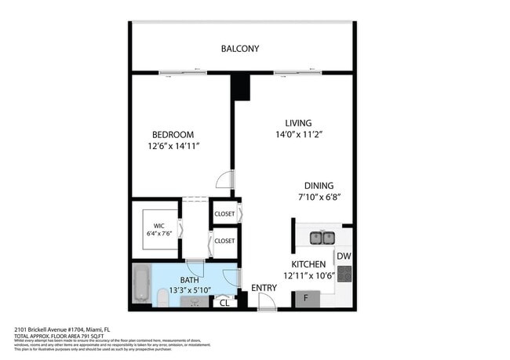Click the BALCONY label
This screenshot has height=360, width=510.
(x=239, y=49)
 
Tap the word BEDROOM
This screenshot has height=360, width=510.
(x=173, y=135)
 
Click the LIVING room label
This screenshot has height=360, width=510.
(x=298, y=123)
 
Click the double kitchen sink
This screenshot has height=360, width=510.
(x=322, y=237)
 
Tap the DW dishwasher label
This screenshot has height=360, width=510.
(x=344, y=256)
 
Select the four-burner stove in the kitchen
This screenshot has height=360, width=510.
(x=344, y=274)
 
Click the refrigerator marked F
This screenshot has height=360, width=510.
(x=307, y=299)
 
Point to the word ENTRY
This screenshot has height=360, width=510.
(x=264, y=289)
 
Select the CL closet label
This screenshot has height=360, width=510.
(x=224, y=302)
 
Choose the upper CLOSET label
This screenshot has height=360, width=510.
(x=224, y=213)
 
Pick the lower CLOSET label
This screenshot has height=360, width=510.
(x=224, y=241)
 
